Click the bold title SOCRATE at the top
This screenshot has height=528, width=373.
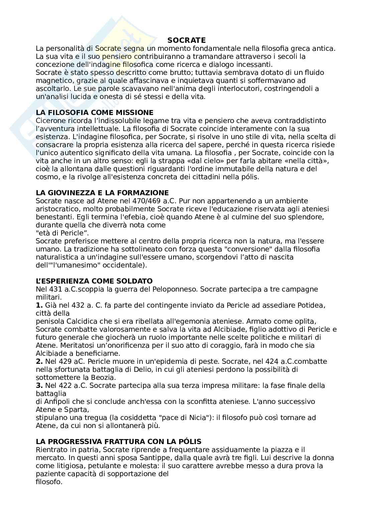click(186, 40)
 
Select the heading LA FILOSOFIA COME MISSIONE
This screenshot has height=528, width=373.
click(95, 113)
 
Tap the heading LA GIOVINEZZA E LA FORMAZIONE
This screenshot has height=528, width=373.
click(102, 193)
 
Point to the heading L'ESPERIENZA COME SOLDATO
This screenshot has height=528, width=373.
click(94, 281)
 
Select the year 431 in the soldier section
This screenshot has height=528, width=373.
click(54, 289)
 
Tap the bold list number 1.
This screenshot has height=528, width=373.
click(39, 305)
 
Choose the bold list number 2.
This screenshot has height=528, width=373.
click(39, 361)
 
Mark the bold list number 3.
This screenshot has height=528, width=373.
click(39, 386)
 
